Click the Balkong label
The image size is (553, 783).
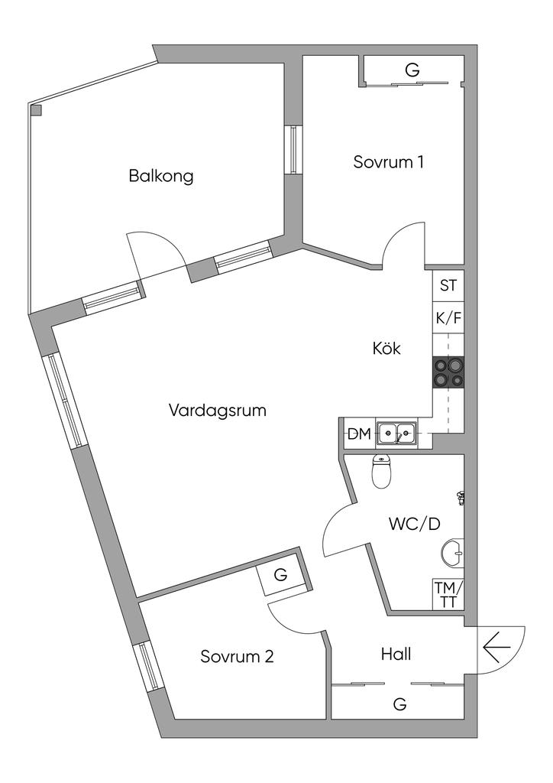click(x=161, y=177)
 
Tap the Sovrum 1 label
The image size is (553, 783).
click(x=389, y=162)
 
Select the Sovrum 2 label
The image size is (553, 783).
click(x=238, y=656)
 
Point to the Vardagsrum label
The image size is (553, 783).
click(x=218, y=411)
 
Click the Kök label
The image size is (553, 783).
click(x=386, y=349)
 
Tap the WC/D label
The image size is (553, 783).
click(x=415, y=525)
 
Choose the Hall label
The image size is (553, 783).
click(x=396, y=655)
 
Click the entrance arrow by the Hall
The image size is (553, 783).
click(x=496, y=648)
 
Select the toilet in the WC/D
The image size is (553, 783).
click(x=381, y=472)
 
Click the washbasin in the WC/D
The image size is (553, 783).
click(x=454, y=552)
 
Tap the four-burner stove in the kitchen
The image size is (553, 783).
click(x=448, y=372)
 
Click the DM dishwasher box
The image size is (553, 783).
click(x=359, y=434)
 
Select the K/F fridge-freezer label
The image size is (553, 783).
click(x=448, y=319)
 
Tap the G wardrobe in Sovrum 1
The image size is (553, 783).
click(x=412, y=71)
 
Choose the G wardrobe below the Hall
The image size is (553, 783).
click(x=399, y=703)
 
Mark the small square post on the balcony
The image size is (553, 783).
click(x=36, y=110)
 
